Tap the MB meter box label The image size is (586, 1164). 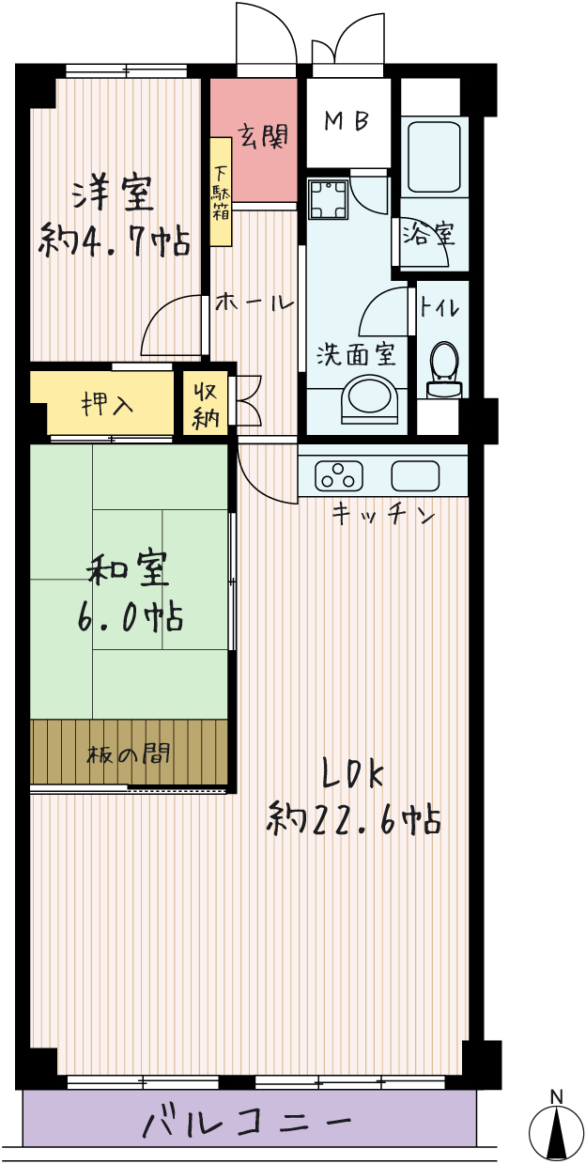[x=347, y=121]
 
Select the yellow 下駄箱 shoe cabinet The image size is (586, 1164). [x=221, y=192]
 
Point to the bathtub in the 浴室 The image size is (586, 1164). [x=434, y=157]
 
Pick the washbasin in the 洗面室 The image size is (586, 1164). [x=370, y=400]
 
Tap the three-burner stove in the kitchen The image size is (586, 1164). [x=339, y=475]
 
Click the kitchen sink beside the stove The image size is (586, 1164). [x=415, y=475]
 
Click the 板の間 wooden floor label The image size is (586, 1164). [x=129, y=754]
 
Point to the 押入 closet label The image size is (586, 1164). [x=108, y=403]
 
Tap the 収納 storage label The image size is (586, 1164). [x=206, y=404]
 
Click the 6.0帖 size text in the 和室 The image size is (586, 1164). [x=130, y=618]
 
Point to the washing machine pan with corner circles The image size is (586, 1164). [x=328, y=199]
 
